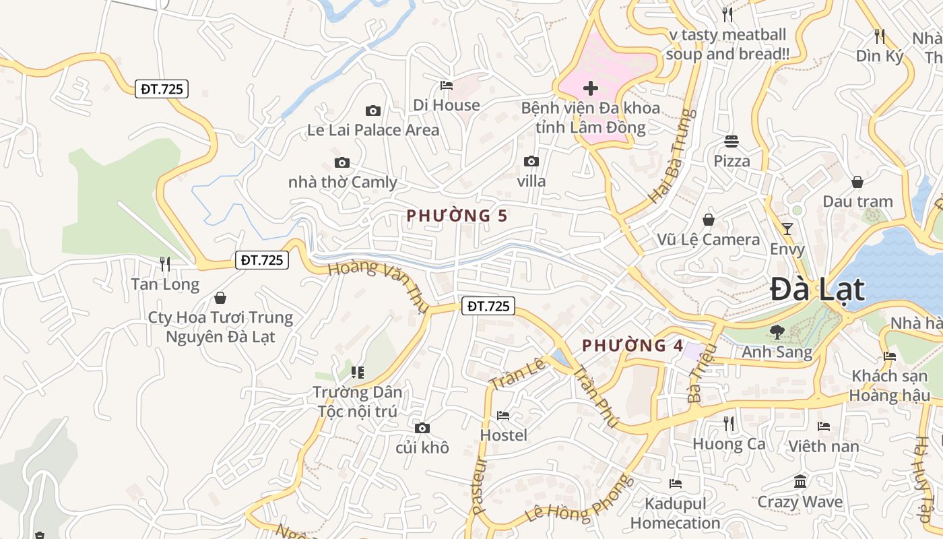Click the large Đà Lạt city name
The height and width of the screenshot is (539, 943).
[817, 289]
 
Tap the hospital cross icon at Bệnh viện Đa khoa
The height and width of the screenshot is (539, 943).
[591, 88]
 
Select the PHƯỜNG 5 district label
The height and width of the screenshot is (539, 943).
[456, 216]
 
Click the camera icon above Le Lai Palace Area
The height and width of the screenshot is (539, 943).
[372, 110]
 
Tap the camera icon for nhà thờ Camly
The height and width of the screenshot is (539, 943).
[342, 162]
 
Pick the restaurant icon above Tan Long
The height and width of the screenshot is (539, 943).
[164, 263]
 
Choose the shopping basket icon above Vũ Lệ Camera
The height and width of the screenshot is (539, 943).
[709, 220]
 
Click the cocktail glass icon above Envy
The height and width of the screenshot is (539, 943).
[787, 229]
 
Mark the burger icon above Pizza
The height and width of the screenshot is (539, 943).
[731, 141]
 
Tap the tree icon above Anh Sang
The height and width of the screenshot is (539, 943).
[777, 331]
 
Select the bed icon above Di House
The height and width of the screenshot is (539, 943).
[446, 85]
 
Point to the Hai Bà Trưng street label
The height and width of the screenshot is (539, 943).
[672, 156]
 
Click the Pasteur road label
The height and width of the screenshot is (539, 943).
[479, 486]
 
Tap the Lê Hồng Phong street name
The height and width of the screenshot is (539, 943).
[580, 499]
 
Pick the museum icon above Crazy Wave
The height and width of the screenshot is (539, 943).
[800, 482]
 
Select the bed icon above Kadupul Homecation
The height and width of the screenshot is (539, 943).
[676, 484]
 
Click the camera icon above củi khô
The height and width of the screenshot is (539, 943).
[422, 428]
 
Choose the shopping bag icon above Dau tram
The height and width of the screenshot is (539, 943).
[857, 182]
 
